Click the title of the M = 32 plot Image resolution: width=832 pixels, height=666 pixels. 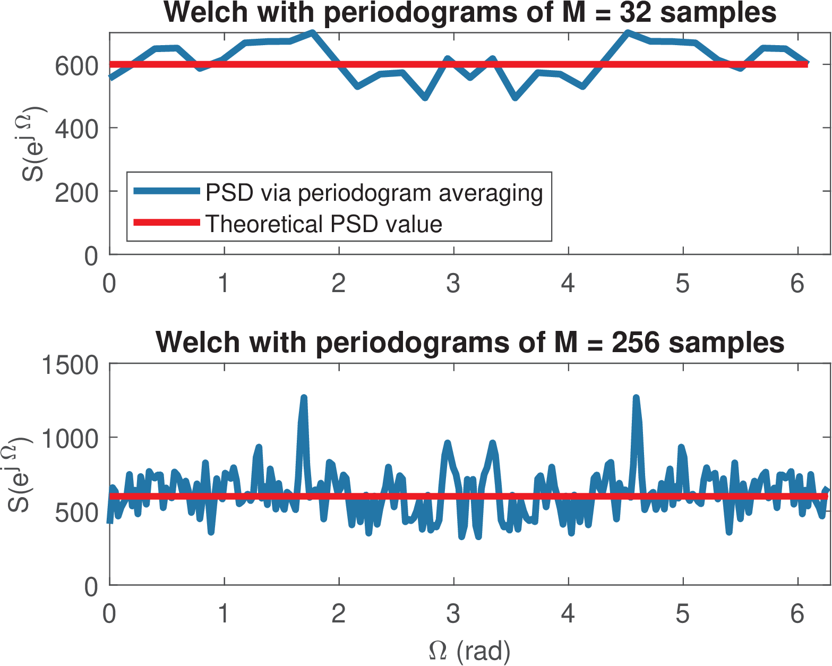pyautogui.click(x=470, y=13)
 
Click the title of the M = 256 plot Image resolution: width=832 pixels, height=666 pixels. pyautogui.click(x=470, y=343)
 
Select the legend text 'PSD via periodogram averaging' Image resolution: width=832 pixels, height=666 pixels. pyautogui.click(x=374, y=193)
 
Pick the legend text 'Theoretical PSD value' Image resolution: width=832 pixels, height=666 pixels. pyautogui.click(x=323, y=224)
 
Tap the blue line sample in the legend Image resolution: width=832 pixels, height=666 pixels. pyautogui.click(x=166, y=191)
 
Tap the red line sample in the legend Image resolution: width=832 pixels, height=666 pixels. pyautogui.click(x=166, y=223)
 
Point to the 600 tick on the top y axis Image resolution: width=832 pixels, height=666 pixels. pyautogui.click(x=76, y=65)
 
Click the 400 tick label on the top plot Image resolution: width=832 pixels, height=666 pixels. pyautogui.click(x=76, y=129)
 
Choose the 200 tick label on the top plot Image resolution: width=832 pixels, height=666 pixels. pyautogui.click(x=76, y=192)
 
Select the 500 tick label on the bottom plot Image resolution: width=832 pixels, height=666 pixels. pyautogui.click(x=76, y=513)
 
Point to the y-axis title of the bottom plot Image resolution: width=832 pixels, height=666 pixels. pyautogui.click(x=19, y=474)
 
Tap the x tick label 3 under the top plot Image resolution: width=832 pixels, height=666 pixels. pyautogui.click(x=453, y=283)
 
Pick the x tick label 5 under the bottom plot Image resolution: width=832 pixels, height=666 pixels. pyautogui.click(x=683, y=614)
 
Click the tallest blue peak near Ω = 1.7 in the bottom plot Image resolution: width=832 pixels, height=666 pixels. pyautogui.click(x=304, y=397)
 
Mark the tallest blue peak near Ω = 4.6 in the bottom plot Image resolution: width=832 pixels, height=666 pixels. pyautogui.click(x=636, y=397)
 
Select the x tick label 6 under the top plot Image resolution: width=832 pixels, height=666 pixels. pyautogui.click(x=797, y=283)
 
